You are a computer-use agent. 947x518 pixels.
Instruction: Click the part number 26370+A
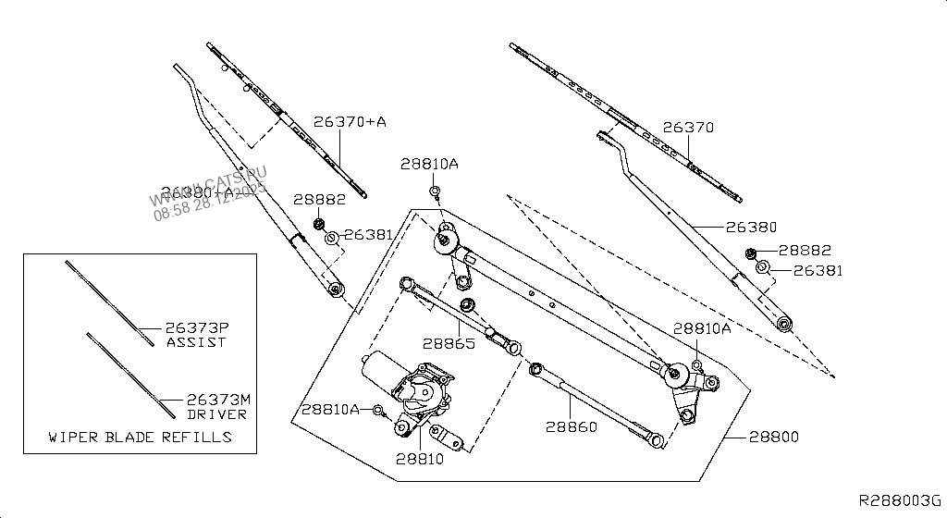tap(349, 122)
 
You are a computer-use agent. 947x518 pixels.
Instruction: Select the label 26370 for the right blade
tap(686, 129)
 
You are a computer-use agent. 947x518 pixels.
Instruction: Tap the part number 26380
tap(751, 227)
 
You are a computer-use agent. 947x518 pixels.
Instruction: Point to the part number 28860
tap(571, 427)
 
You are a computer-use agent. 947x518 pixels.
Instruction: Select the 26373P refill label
tap(196, 328)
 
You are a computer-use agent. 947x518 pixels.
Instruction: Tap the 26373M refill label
tap(218, 400)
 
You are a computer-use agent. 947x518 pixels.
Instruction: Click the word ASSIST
tap(196, 342)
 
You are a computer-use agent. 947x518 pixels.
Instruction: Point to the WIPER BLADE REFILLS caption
tap(140, 437)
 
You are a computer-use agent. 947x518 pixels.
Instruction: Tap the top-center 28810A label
tap(429, 164)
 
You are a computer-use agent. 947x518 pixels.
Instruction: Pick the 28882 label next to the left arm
tap(319, 199)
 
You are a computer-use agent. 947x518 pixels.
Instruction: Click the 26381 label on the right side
tap(818, 271)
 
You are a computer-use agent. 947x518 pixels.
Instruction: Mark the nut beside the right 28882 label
tap(750, 254)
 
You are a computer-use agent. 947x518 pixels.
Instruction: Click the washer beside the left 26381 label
tap(331, 239)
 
